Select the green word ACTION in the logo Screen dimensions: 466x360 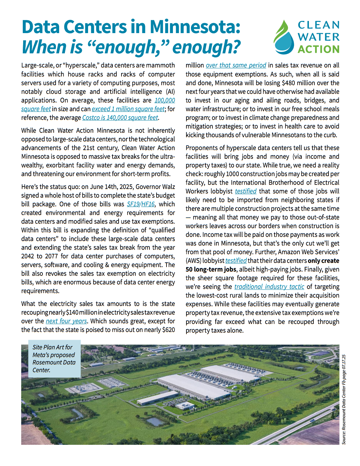click(x=318, y=49)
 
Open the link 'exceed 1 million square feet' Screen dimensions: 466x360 click(x=128, y=109)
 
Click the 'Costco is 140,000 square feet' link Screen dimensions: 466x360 click(x=120, y=118)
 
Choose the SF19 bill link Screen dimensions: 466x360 click(x=133, y=204)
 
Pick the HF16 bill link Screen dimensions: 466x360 click(x=148, y=204)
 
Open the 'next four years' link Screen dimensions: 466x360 click(x=66, y=321)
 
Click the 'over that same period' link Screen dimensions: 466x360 click(x=236, y=65)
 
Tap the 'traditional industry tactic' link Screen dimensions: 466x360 click(x=269, y=287)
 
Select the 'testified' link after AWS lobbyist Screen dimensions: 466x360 click(x=236, y=261)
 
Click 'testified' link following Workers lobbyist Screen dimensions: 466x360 click(x=246, y=191)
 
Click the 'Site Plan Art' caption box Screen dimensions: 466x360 click(x=54, y=358)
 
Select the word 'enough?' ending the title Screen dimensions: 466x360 click(x=206, y=47)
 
